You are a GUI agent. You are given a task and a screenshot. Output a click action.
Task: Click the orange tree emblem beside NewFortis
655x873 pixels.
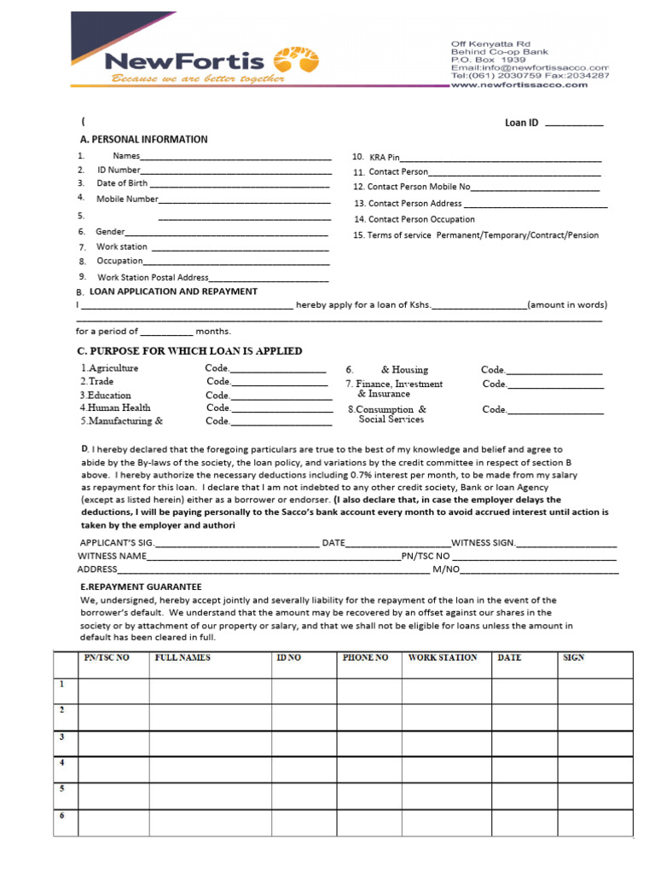296,61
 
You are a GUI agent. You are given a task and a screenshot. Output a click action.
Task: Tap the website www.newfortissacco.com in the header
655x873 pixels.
530,84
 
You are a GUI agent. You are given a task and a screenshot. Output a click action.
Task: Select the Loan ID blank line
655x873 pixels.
573,124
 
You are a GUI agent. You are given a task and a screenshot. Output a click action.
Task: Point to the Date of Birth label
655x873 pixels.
122,183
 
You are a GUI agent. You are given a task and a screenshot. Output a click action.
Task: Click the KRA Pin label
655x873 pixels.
384,158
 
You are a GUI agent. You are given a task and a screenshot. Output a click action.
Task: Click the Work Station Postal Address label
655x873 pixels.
153,277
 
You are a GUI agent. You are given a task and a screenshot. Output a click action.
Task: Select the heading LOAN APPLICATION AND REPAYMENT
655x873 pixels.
173,292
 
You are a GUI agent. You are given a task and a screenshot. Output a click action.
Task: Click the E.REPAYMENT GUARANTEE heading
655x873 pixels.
141,587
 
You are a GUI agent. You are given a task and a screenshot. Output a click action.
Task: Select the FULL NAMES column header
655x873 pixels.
183,658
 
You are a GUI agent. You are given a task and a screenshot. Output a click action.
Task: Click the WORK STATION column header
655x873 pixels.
443,658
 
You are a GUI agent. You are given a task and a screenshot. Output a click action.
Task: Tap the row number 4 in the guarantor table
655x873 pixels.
62,761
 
